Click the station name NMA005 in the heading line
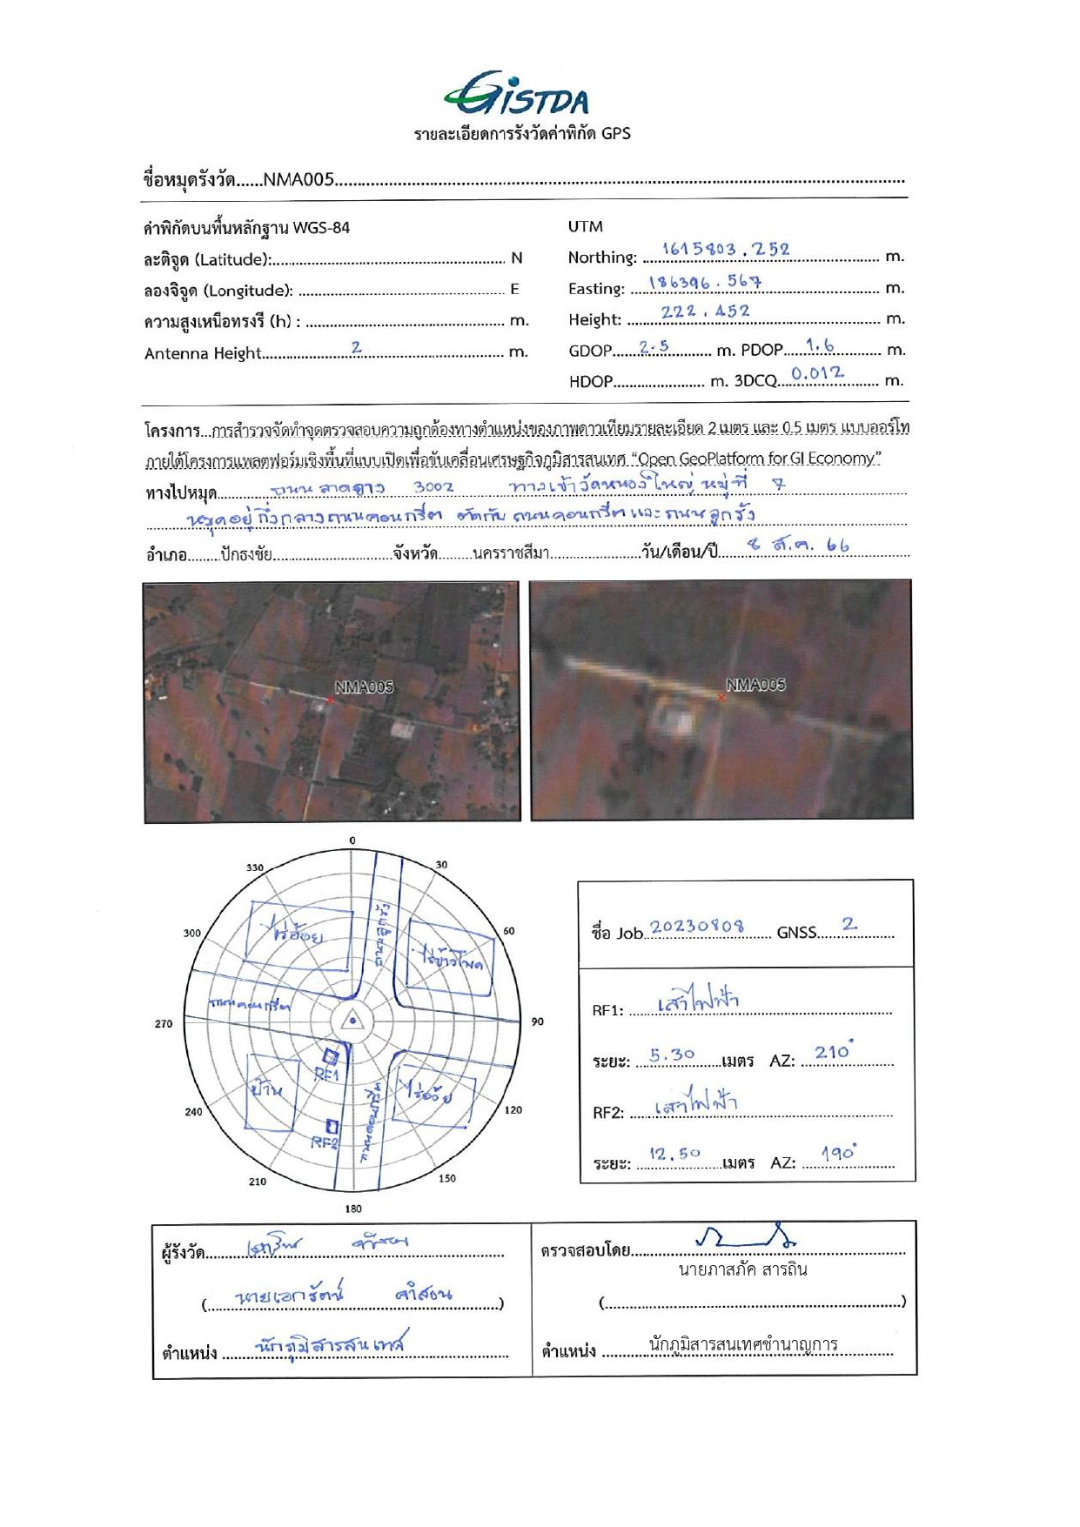299,180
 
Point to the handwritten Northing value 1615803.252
725,250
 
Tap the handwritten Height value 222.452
705,311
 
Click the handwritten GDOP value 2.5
654,346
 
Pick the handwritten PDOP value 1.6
820,345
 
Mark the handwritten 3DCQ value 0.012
817,374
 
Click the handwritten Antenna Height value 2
356,347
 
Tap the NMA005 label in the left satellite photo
365,687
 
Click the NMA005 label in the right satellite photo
755,685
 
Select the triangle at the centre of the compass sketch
352,1021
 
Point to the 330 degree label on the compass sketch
254,867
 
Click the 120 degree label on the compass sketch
513,1110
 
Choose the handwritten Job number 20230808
697,926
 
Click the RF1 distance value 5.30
672,1055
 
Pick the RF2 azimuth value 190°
839,1154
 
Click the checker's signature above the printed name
747,1236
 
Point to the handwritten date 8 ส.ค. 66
798,546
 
